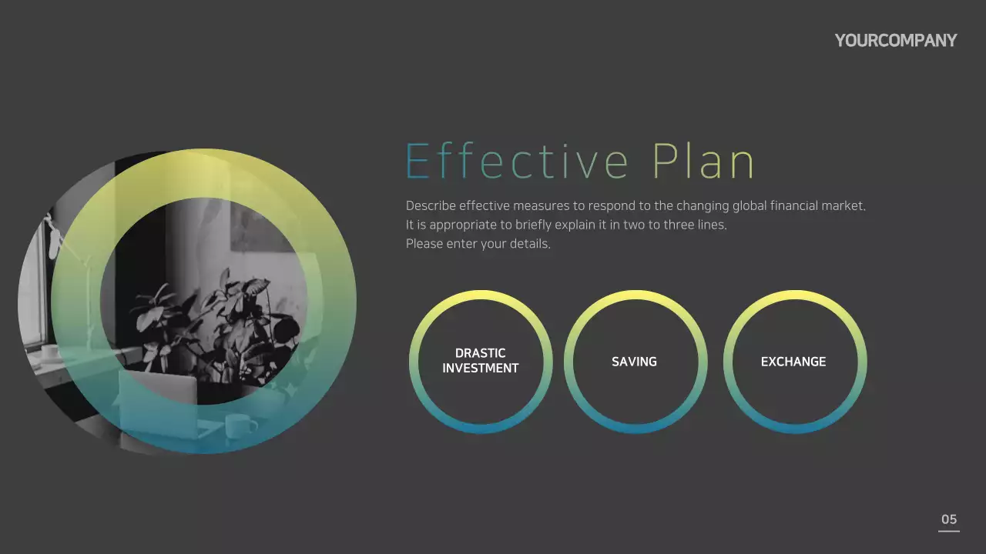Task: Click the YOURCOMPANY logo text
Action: tap(895, 41)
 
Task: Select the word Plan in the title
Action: tap(703, 162)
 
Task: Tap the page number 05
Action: tap(949, 519)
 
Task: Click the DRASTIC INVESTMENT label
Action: tap(481, 361)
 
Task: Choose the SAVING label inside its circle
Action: tap(634, 362)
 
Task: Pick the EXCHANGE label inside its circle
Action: tap(793, 362)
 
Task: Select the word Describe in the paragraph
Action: tap(431, 206)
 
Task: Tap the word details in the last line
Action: tap(529, 244)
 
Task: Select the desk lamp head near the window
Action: tap(54, 239)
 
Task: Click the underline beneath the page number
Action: tap(949, 531)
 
